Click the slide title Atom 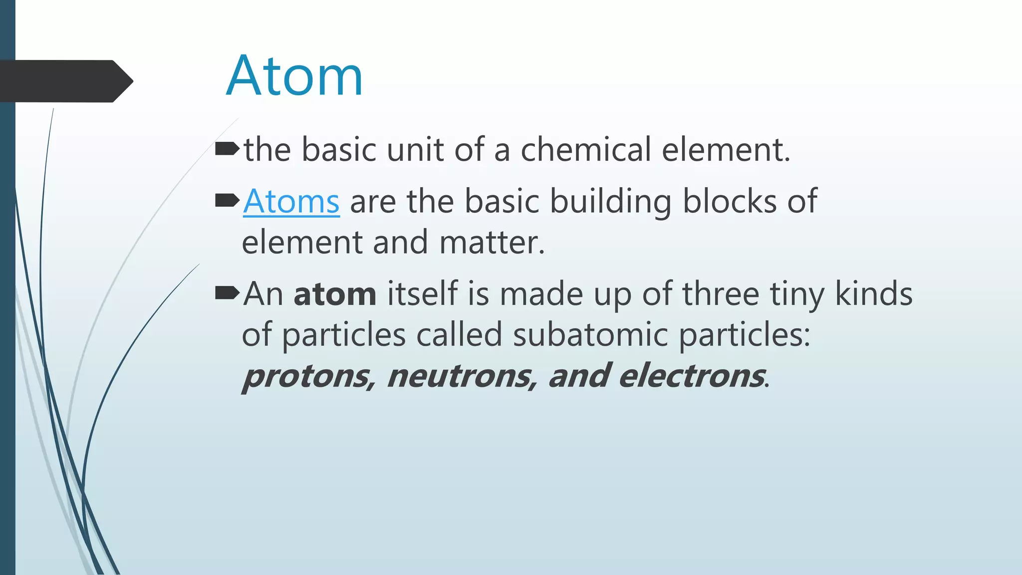[294, 76]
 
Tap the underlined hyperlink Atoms [291, 202]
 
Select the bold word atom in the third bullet [335, 294]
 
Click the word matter [492, 243]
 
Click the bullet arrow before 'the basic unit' [227, 149]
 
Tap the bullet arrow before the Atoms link [227, 201]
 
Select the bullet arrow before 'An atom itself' [227, 293]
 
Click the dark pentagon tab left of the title [65, 81]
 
